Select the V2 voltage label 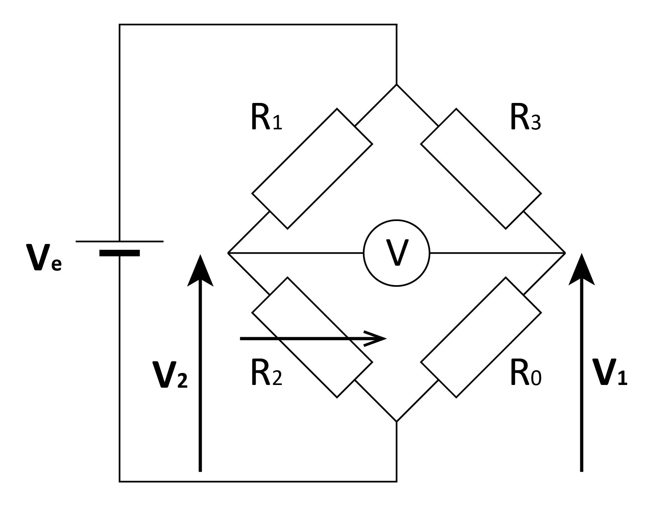pyautogui.click(x=170, y=375)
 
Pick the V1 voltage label pyautogui.click(x=610, y=373)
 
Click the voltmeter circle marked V pyautogui.click(x=396, y=253)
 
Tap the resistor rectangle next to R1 pyautogui.click(x=312, y=169)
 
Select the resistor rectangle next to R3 pyautogui.click(x=481, y=169)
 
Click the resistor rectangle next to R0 pyautogui.click(x=481, y=337)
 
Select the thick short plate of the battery pyautogui.click(x=119, y=253)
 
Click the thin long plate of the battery pyautogui.click(x=119, y=241)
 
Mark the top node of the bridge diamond pyautogui.click(x=396, y=85)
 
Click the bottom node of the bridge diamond pyautogui.click(x=396, y=421)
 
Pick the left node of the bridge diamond pyautogui.click(x=228, y=253)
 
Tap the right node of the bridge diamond pyautogui.click(x=564, y=253)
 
